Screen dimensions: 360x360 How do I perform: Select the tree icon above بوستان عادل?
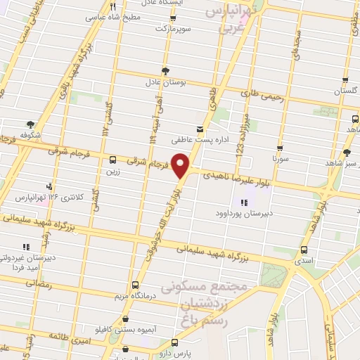166,71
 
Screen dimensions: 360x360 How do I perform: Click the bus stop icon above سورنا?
281,148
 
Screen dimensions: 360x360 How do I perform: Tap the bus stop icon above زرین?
113,159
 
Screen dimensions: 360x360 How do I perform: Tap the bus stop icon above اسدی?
304,250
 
